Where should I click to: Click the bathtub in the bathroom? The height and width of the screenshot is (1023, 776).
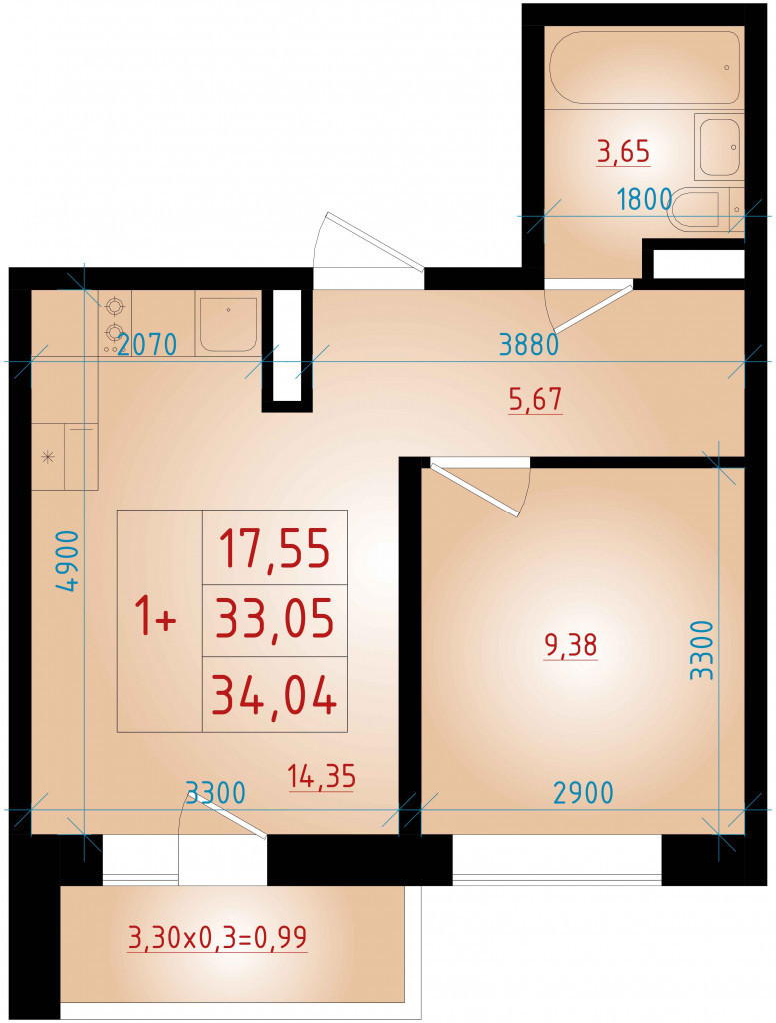[644, 67]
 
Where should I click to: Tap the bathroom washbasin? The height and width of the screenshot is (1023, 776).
[720, 147]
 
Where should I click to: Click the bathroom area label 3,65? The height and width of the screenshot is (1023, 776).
[624, 152]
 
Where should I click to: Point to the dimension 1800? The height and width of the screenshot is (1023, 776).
[645, 199]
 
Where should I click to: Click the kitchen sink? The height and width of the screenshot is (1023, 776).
[227, 325]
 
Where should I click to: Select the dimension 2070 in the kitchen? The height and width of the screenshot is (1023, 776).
[147, 344]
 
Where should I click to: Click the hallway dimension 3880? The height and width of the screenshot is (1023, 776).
[528, 344]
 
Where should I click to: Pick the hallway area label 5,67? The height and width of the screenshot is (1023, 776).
[535, 400]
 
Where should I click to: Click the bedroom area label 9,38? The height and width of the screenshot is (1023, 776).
[570, 646]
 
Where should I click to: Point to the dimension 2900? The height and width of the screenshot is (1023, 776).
[583, 792]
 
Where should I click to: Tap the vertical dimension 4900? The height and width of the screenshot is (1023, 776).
[68, 561]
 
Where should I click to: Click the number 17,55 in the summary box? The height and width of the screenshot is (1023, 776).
[274, 548]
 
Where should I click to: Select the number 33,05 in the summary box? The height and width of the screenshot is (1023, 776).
[275, 619]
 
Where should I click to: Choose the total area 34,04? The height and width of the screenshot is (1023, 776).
[274, 694]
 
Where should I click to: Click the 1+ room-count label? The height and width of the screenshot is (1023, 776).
[155, 617]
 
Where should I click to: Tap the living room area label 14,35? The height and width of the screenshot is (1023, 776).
[321, 777]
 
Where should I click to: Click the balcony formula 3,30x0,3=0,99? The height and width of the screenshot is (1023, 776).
[218, 938]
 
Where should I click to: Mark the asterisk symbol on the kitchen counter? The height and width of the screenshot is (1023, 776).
[47, 456]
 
